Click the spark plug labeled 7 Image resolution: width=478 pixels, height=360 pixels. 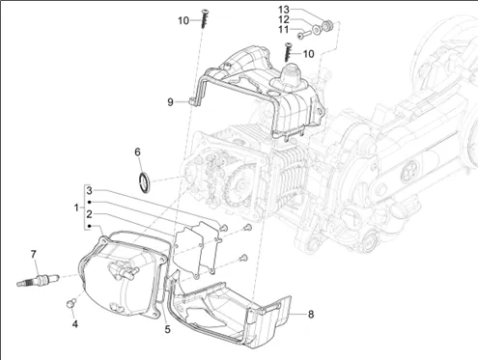coord(38,279)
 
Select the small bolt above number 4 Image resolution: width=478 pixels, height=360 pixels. coord(70,303)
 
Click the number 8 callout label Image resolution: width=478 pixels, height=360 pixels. coord(311,314)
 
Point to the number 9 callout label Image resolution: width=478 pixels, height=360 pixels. coord(170,102)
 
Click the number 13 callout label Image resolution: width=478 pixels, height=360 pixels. coord(284,10)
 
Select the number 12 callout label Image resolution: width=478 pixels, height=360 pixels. coord(284,19)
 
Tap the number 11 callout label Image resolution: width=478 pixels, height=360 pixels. coord(284,29)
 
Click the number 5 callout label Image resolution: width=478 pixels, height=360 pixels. coord(167,329)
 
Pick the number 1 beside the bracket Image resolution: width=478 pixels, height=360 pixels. coord(76,208)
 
